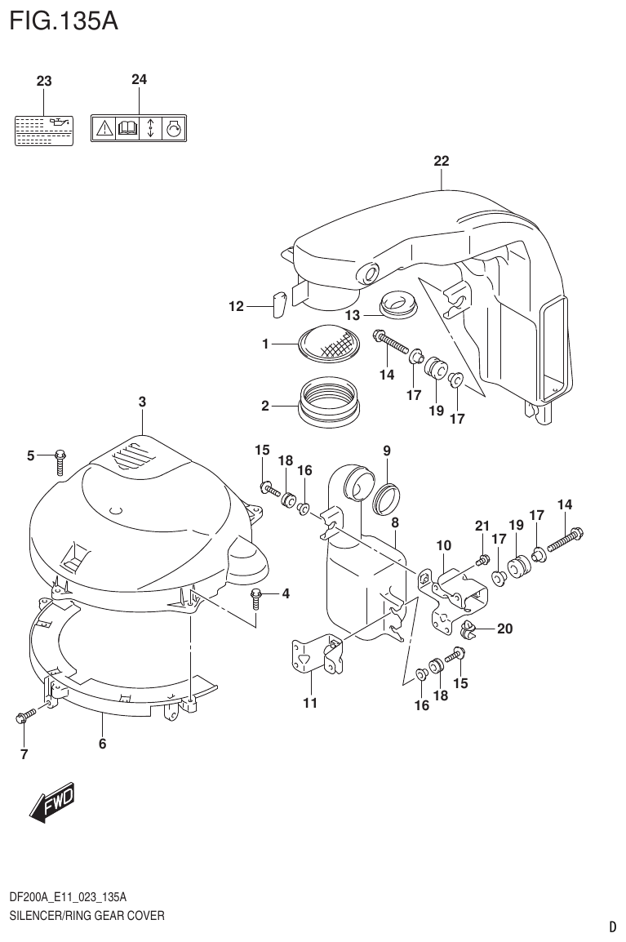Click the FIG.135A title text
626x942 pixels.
click(x=64, y=20)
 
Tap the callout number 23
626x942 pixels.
click(x=44, y=81)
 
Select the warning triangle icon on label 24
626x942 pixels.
click(x=104, y=128)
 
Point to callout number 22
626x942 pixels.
click(x=441, y=161)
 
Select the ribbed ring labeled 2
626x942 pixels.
click(x=328, y=401)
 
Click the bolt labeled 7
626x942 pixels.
click(x=23, y=718)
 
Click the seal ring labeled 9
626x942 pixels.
click(x=386, y=498)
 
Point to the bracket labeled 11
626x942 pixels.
click(x=316, y=658)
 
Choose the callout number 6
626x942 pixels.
click(x=103, y=743)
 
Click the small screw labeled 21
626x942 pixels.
click(x=482, y=558)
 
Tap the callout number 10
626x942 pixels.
click(x=443, y=544)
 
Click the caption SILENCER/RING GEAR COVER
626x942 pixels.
click(x=87, y=915)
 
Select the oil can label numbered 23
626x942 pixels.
click(x=44, y=130)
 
